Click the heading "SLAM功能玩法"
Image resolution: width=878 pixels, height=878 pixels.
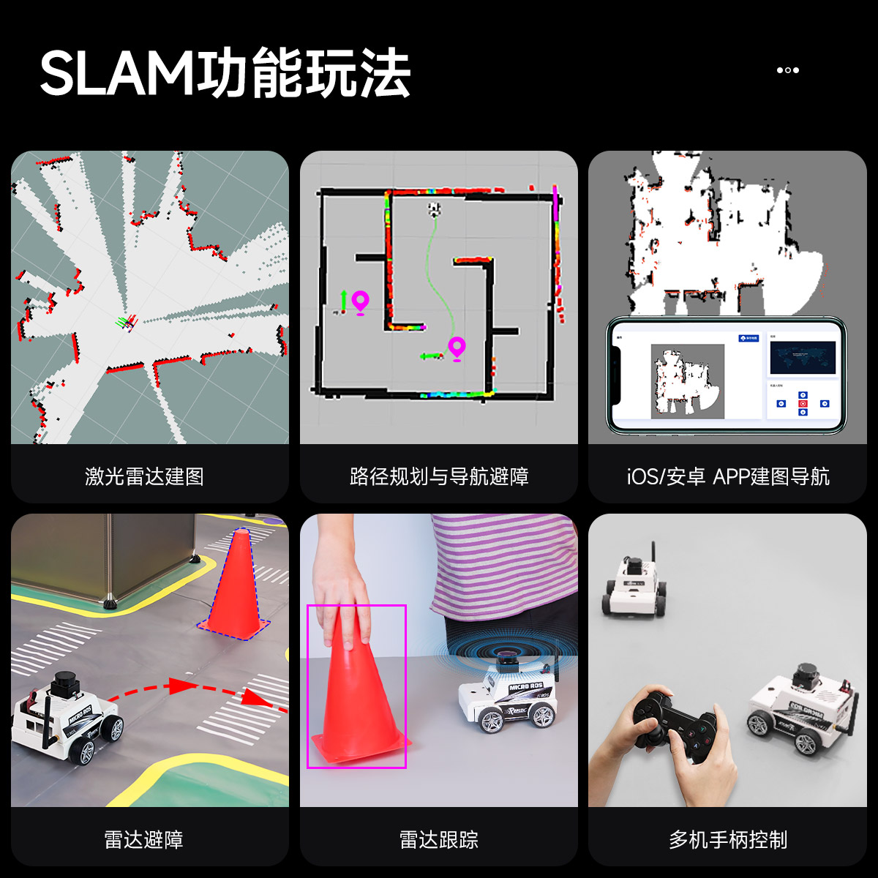(x=225, y=73)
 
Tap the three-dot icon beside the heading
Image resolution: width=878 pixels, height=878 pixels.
(x=787, y=70)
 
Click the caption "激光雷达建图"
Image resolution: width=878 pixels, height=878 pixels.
(x=144, y=476)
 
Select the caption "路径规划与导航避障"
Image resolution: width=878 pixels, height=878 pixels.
(x=439, y=476)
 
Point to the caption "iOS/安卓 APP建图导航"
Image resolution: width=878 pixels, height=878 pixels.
(x=728, y=476)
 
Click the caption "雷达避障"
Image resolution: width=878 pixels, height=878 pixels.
(x=144, y=839)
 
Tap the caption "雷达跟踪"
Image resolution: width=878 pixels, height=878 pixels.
(x=439, y=839)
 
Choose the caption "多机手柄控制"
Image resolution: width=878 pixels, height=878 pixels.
(x=728, y=839)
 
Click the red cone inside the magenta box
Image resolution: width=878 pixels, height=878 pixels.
(x=357, y=702)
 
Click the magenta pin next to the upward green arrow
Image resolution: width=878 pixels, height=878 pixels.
(x=360, y=301)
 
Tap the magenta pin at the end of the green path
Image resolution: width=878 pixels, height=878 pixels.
(x=457, y=348)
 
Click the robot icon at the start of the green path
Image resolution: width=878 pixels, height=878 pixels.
(x=435, y=210)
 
